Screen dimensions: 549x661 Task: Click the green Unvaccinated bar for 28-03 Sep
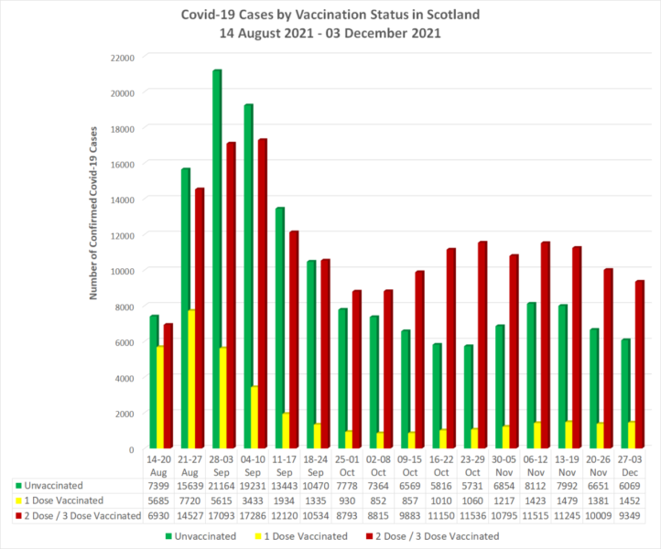217,260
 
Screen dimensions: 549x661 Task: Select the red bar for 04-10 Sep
262,294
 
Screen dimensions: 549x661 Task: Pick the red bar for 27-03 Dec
639,365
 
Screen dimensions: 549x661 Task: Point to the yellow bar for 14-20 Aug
159,397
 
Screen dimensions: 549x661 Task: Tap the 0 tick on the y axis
132,449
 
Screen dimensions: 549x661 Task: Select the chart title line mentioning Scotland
330,16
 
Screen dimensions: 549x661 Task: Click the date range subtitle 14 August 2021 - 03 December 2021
330,34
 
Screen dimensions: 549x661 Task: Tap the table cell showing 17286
254,516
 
